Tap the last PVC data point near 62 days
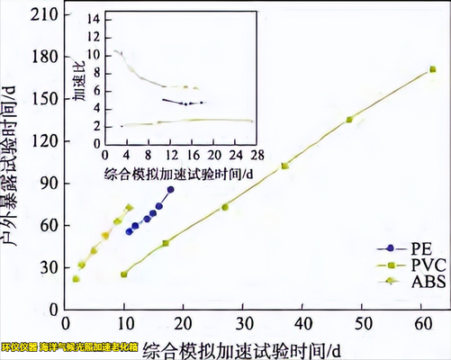tap(433, 69)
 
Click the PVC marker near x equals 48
tap(349, 119)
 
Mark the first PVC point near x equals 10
tap(124, 274)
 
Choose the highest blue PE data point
tap(170, 189)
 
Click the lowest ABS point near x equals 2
tap(76, 279)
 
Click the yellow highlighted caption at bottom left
tap(70, 346)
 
